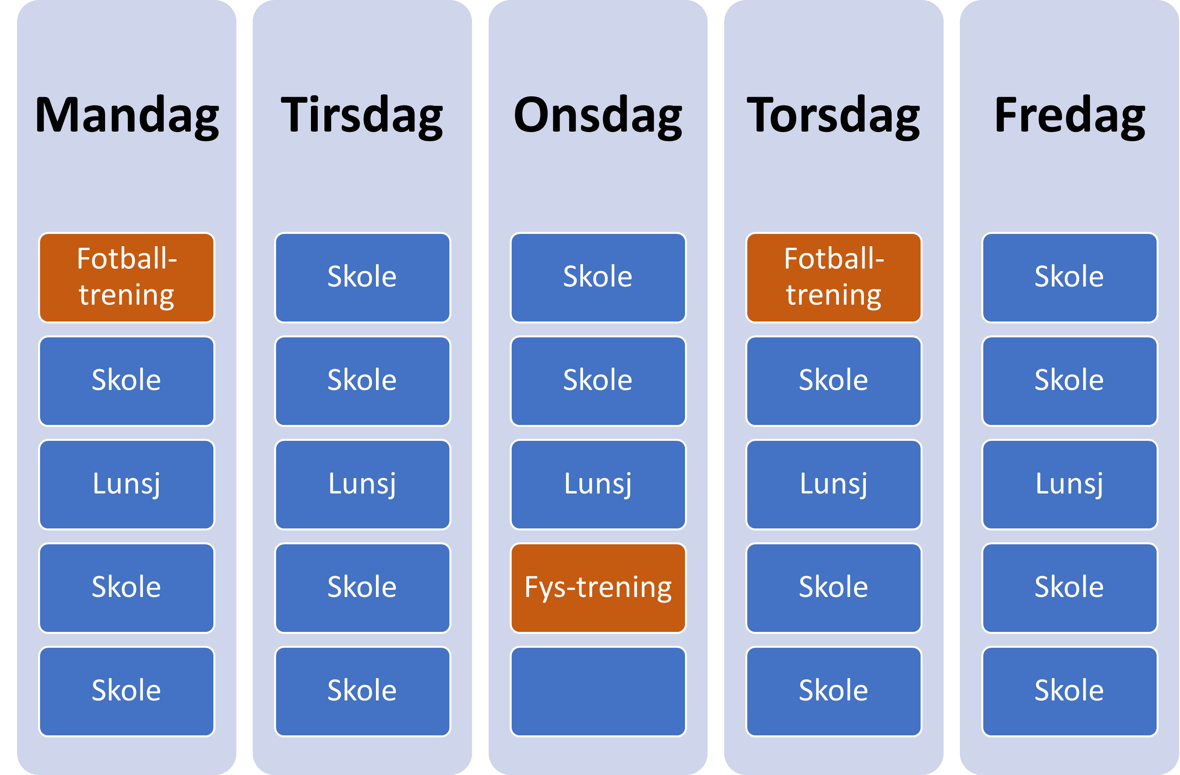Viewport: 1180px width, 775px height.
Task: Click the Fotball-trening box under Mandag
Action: (x=127, y=277)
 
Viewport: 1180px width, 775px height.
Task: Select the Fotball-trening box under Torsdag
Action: (x=834, y=277)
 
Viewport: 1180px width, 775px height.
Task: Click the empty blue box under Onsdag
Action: (x=599, y=691)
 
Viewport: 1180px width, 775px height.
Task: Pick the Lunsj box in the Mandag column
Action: (x=127, y=484)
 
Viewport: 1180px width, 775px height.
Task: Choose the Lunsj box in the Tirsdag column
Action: (x=363, y=484)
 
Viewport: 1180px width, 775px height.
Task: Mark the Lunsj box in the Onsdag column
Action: (x=599, y=484)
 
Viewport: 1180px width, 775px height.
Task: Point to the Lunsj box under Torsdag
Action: (x=834, y=484)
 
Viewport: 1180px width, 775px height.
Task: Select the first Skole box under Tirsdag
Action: (x=363, y=277)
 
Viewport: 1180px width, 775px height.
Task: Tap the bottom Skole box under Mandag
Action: (x=127, y=691)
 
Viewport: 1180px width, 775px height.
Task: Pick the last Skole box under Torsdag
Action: (x=834, y=691)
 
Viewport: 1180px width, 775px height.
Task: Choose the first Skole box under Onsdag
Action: (x=599, y=277)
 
